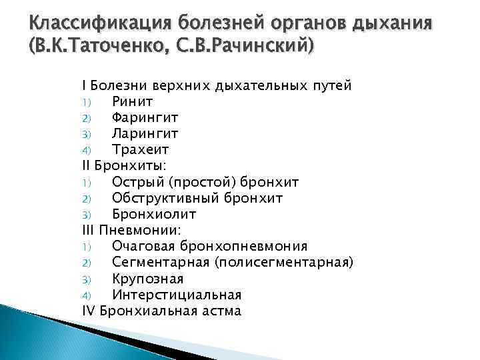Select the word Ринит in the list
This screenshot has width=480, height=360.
click(133, 101)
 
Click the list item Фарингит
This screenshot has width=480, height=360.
click(145, 117)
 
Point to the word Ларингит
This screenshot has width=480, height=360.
click(145, 133)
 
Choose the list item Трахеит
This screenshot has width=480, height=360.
click(141, 149)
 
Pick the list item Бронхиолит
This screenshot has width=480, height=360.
click(153, 214)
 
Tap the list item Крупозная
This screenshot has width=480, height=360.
click(147, 279)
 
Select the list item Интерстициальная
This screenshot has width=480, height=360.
click(177, 295)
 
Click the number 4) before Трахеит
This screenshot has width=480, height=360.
click(86, 150)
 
